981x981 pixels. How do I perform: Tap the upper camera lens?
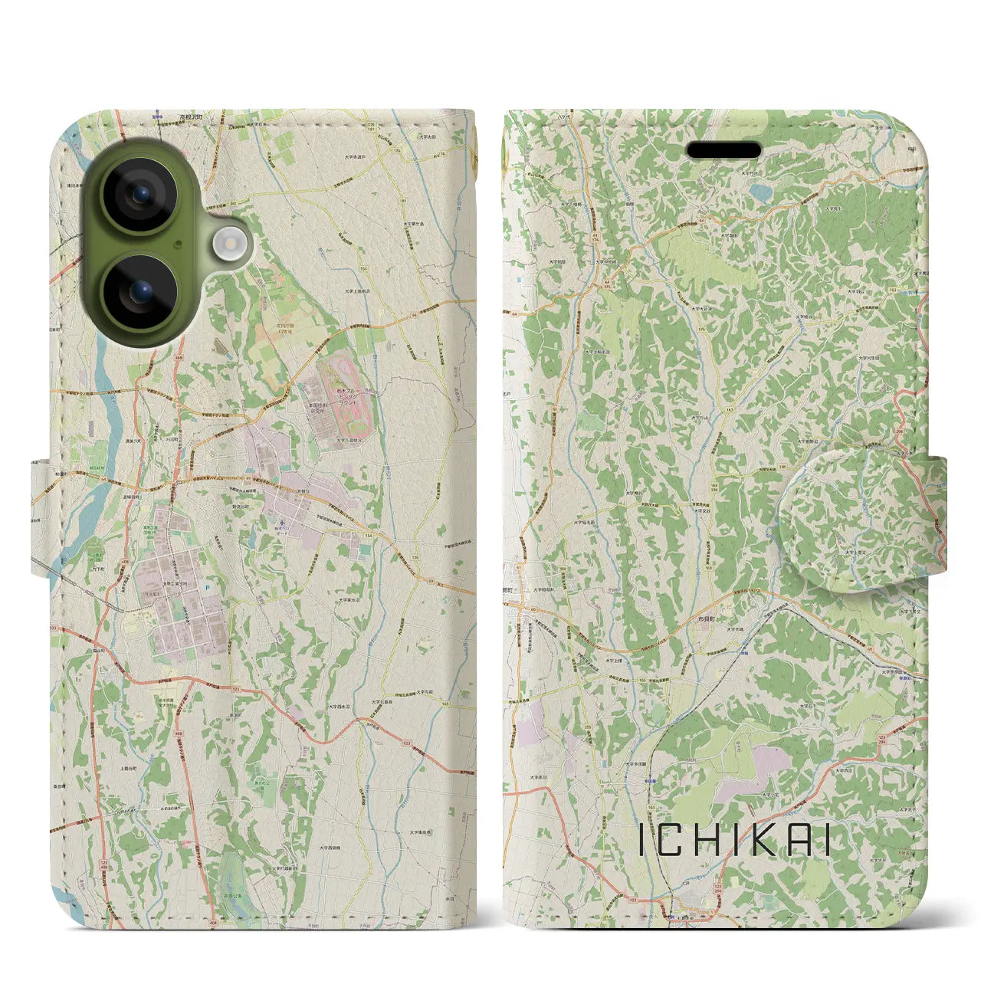coord(139,195)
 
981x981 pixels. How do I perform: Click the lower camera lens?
coord(139,292)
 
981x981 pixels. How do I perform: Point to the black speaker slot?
coord(723,150)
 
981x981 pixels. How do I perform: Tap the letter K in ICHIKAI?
coord(771,841)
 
